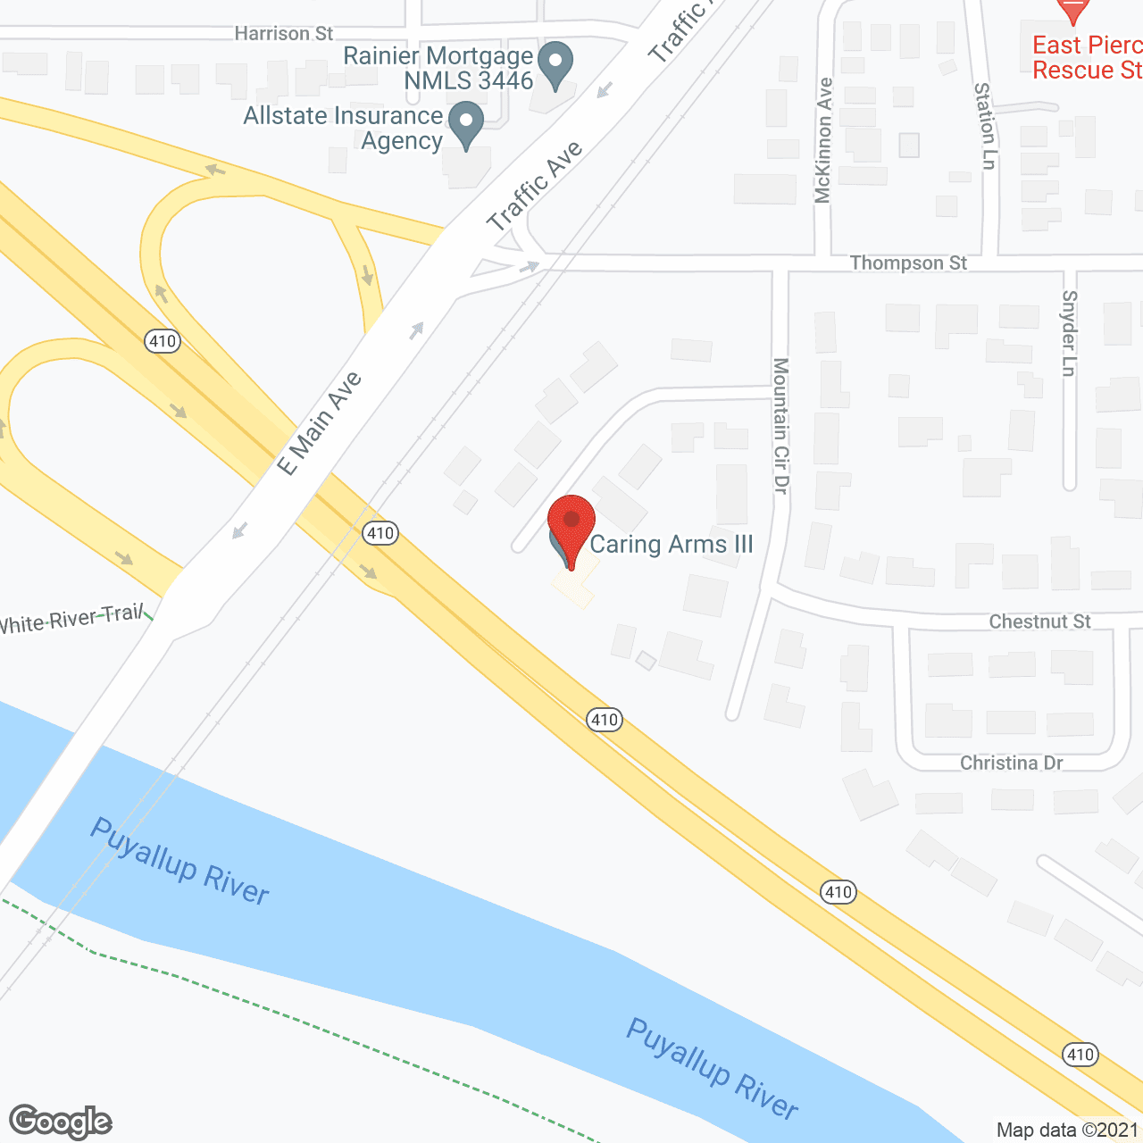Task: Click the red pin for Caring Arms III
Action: (571, 522)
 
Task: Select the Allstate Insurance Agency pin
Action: (465, 123)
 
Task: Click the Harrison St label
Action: (283, 34)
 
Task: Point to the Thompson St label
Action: (908, 263)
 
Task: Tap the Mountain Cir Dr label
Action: (781, 425)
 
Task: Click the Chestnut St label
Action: (1039, 622)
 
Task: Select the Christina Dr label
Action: (1011, 763)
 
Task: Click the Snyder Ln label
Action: (1069, 333)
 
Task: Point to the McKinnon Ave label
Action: (823, 140)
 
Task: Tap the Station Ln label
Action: (984, 126)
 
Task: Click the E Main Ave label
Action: (319, 423)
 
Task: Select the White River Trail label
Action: (71, 618)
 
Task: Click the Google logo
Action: (61, 1122)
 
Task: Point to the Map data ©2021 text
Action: (1067, 1130)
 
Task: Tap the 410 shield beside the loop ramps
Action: (163, 341)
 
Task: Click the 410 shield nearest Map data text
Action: (1080, 1055)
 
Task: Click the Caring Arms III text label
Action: (672, 544)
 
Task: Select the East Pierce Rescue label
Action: (1087, 57)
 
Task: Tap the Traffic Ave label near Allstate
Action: (534, 186)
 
